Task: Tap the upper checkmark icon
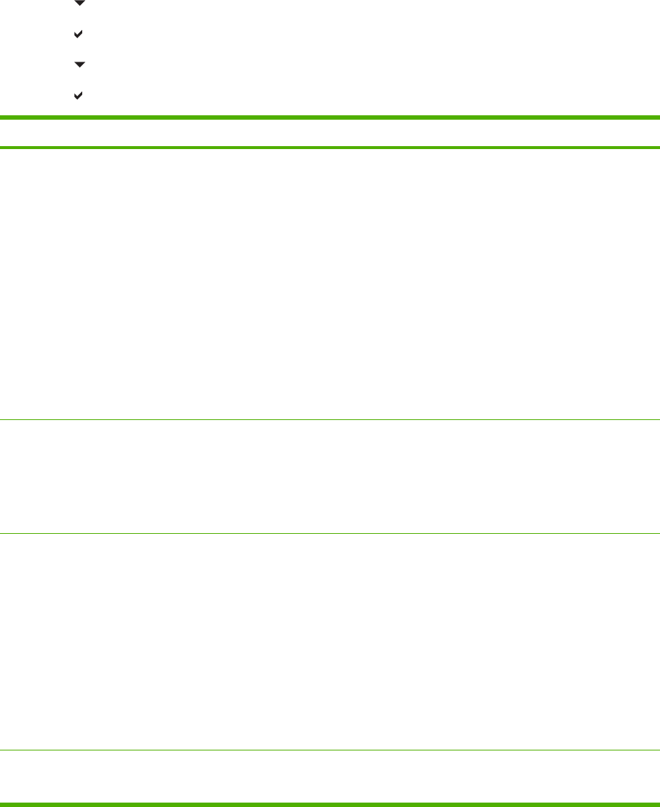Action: (x=79, y=35)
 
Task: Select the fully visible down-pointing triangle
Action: (x=79, y=65)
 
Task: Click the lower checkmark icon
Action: (x=79, y=95)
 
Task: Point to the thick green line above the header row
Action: (x=330, y=117)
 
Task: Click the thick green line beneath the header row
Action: (x=330, y=148)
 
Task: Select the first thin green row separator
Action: (x=330, y=419)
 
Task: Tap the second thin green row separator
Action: (x=330, y=533)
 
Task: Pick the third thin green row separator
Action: (x=330, y=749)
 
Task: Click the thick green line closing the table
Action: (x=330, y=804)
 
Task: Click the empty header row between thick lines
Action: (x=330, y=132)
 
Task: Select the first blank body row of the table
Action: (x=330, y=283)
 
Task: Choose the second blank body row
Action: (x=330, y=477)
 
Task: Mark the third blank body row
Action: (x=330, y=641)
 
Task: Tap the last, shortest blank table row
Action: (x=330, y=776)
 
